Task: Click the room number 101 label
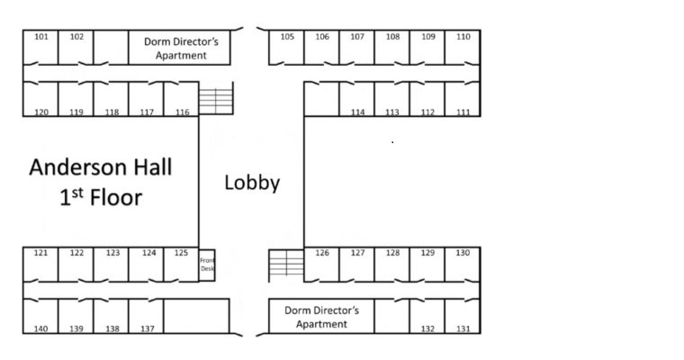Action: pyautogui.click(x=40, y=37)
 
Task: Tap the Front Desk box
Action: pyautogui.click(x=207, y=265)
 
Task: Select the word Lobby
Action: pyautogui.click(x=252, y=183)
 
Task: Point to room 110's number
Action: pyautogui.click(x=463, y=37)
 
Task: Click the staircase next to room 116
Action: pyautogui.click(x=215, y=98)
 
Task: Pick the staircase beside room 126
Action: pyautogui.click(x=286, y=265)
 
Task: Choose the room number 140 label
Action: pyautogui.click(x=40, y=328)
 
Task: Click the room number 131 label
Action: pyautogui.click(x=463, y=328)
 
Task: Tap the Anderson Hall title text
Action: pyautogui.click(x=100, y=167)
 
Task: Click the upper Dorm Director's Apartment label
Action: pyautogui.click(x=181, y=48)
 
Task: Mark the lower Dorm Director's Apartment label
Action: pyautogui.click(x=321, y=317)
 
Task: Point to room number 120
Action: pyautogui.click(x=40, y=112)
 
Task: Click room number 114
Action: pyautogui.click(x=357, y=112)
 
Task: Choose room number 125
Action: pyautogui.click(x=181, y=253)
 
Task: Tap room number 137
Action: pyautogui.click(x=147, y=328)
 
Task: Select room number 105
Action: pyautogui.click(x=287, y=37)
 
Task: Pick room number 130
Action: pyautogui.click(x=463, y=253)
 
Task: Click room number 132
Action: pyautogui.click(x=427, y=328)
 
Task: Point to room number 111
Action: pyautogui.click(x=463, y=112)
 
